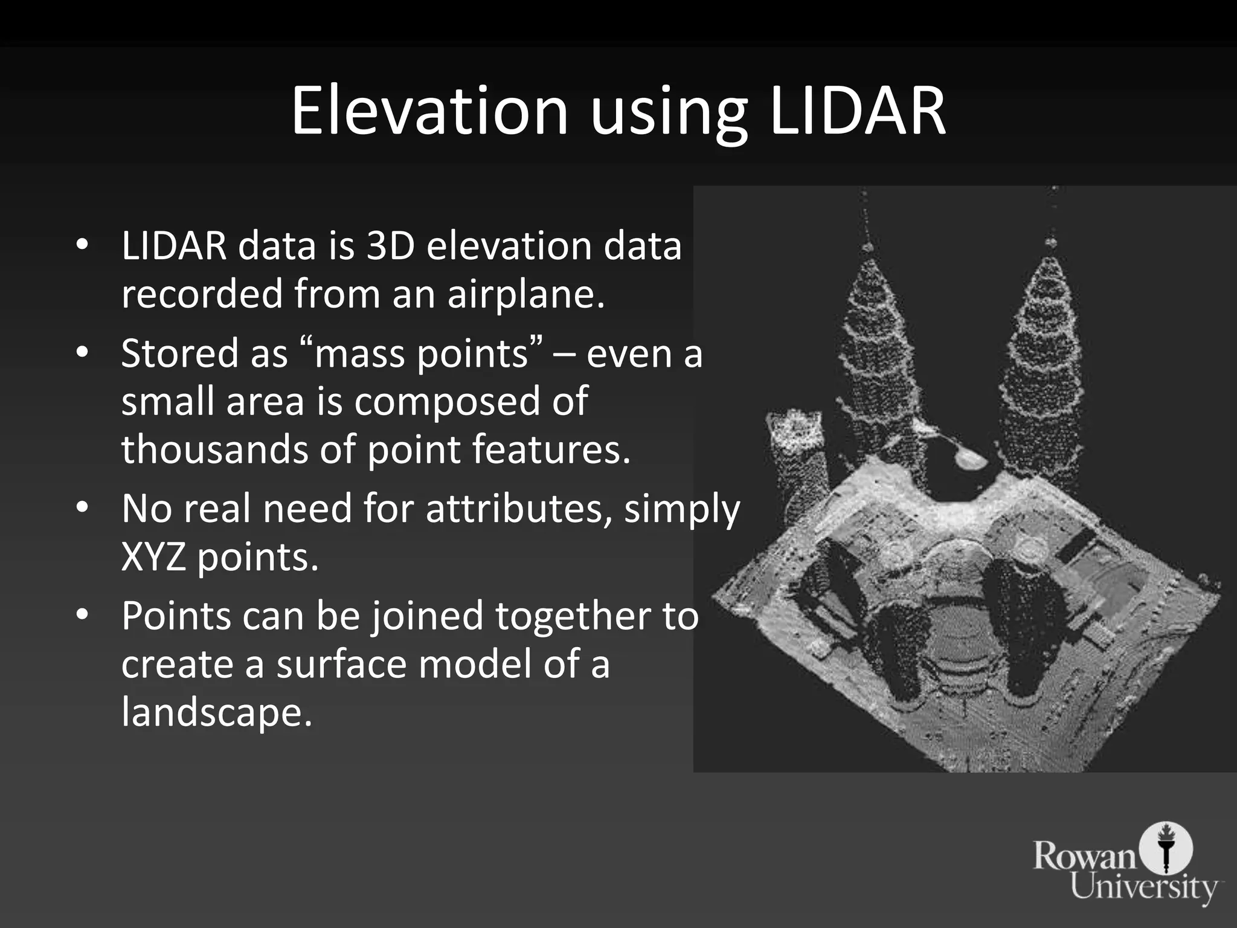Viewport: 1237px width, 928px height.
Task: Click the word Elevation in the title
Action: pyautogui.click(x=429, y=111)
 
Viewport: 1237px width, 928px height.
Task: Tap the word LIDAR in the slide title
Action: pyautogui.click(x=857, y=111)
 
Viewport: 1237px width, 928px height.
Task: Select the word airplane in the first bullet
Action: pyautogui.click(x=525, y=294)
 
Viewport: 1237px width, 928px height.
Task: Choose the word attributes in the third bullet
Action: pyautogui.click(x=519, y=508)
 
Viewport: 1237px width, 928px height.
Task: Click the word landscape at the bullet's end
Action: pyautogui.click(x=216, y=711)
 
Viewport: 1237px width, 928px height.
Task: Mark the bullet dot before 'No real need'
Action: pyautogui.click(x=83, y=507)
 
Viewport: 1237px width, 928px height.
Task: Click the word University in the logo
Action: pyautogui.click(x=1144, y=887)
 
